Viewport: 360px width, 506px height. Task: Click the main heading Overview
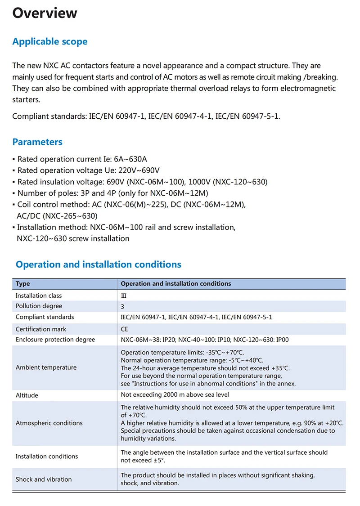pos(45,13)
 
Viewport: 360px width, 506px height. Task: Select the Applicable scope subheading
pos(50,42)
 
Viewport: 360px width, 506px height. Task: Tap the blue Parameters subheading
pos(37,142)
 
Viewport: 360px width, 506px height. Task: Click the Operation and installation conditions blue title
pos(99,264)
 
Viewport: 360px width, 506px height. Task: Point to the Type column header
pos(23,284)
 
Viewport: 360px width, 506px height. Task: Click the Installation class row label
pos(39,296)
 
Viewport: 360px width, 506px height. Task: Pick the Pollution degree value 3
pos(123,306)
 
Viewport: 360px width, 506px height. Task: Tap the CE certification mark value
pos(125,329)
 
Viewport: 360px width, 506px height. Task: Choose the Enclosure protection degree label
pos(55,340)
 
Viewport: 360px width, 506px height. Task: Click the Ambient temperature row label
pos(46,367)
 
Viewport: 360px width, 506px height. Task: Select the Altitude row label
pos(27,395)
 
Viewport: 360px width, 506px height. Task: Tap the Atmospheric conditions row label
pos(49,423)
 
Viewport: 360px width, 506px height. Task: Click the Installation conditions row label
pos(47,457)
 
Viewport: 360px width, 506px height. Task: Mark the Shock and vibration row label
pos(44,479)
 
